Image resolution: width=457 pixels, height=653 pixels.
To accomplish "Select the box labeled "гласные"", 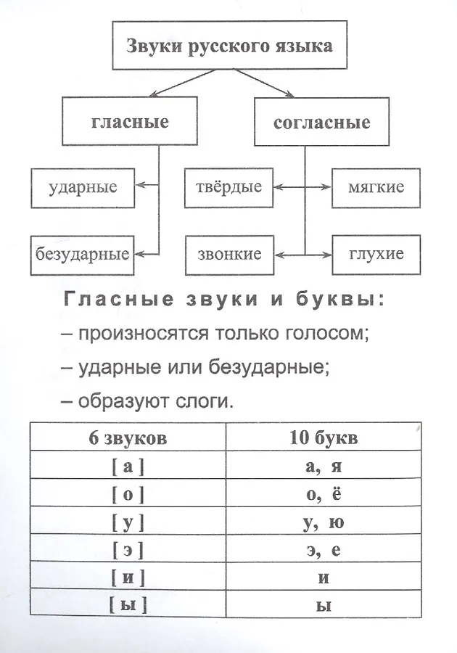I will [131, 122].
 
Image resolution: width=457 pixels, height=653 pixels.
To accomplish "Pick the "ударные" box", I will [83, 186].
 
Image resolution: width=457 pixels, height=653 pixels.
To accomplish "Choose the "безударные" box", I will [83, 254].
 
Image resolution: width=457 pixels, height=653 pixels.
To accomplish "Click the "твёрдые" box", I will [228, 186].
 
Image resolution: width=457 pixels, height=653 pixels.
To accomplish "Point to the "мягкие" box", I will [376, 186].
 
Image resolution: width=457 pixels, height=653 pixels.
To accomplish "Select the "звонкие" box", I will [228, 254].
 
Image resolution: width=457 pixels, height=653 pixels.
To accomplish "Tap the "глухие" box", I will [376, 254].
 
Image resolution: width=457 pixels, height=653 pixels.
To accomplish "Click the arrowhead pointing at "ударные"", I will [141, 186].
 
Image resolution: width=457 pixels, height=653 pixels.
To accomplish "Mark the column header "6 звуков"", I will [128, 438].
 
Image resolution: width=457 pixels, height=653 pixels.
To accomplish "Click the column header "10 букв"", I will [324, 438].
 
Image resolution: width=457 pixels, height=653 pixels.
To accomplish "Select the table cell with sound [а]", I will [128, 467].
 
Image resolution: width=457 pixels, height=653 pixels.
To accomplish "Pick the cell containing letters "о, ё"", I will [324, 495].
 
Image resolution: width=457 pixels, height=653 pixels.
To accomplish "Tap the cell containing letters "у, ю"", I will [324, 522].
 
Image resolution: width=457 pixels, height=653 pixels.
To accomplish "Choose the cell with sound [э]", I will [128, 550].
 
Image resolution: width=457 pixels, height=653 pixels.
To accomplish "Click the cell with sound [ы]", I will [128, 604].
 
